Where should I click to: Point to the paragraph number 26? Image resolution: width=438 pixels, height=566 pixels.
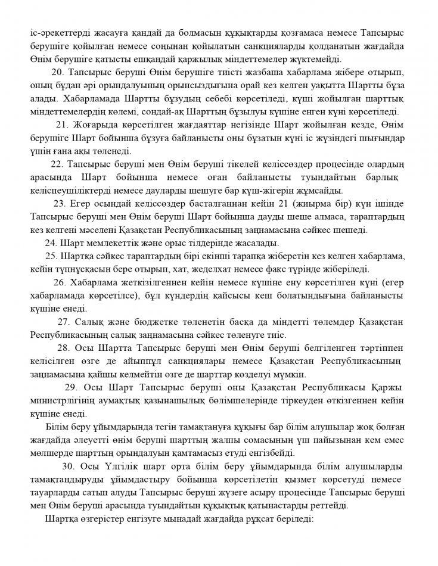[60, 282]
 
